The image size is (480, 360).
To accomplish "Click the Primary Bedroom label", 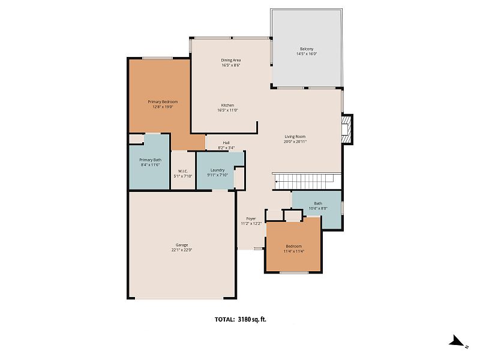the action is pyautogui.click(x=163, y=101).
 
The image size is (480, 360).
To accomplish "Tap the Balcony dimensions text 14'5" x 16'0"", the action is pyautogui.click(x=307, y=54).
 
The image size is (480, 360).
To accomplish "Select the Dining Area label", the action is pyautogui.click(x=231, y=61).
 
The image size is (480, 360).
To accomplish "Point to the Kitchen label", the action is pyautogui.click(x=227, y=106).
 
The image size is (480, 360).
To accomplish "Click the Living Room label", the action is pyautogui.click(x=295, y=137).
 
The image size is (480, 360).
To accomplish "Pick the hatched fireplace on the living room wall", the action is pyautogui.click(x=347, y=129).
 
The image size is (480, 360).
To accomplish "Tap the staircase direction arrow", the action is pyautogui.click(x=303, y=181).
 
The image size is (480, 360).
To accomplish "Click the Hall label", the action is pyautogui.click(x=226, y=143).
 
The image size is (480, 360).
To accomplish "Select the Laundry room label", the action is pyautogui.click(x=217, y=170).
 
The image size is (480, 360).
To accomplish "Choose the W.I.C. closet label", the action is pyautogui.click(x=183, y=171).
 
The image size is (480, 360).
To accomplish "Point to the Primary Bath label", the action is pyautogui.click(x=151, y=160).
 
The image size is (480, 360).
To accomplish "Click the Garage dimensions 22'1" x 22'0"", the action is pyautogui.click(x=182, y=250).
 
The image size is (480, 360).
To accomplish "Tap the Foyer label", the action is pyautogui.click(x=251, y=218).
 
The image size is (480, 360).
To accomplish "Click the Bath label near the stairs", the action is pyautogui.click(x=318, y=203).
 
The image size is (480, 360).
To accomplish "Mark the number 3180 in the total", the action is pyautogui.click(x=244, y=320).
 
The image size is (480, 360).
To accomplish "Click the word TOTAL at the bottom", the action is pyautogui.click(x=225, y=320).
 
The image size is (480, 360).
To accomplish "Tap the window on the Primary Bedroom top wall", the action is pyautogui.click(x=157, y=58).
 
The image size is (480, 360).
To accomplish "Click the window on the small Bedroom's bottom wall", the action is pyautogui.click(x=294, y=272).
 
